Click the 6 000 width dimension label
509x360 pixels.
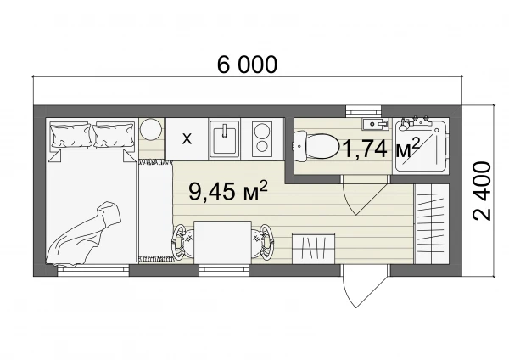pos(248,65)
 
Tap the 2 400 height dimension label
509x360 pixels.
pos(482,191)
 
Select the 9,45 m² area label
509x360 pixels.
pos(228,191)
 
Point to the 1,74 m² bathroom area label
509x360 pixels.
pos(380,148)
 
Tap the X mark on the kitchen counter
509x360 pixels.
pos(187,139)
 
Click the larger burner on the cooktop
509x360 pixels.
pos(261,132)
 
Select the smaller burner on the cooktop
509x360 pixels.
pos(261,147)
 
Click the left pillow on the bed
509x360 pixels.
pos(70,135)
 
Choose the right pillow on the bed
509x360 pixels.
pos(114,135)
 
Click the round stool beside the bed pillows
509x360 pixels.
pos(151,129)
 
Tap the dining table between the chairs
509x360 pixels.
pos(222,242)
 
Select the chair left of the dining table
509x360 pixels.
pos(182,242)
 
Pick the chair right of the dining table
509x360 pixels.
pos(263,242)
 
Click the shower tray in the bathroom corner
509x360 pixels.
pos(421,146)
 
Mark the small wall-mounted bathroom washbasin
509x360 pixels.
pos(375,124)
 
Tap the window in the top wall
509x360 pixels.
pos(363,110)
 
